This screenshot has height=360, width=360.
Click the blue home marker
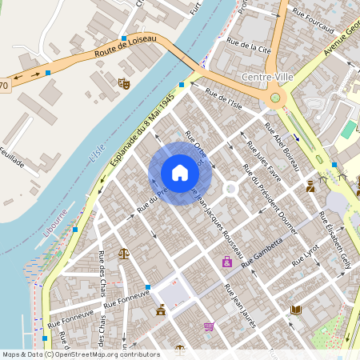[x=180, y=173]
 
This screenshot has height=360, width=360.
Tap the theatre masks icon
[x=124, y=82]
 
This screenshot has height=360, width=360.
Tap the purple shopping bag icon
[x=227, y=262]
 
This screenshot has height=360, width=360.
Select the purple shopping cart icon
[x=209, y=326]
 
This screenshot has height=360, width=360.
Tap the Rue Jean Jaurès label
[x=239, y=303]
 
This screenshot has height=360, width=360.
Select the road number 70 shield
[x=4, y=85]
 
